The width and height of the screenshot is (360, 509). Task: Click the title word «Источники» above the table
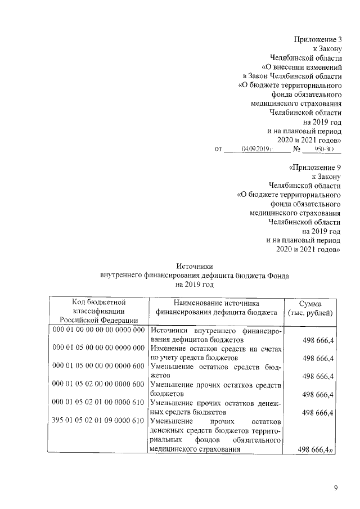(193, 266)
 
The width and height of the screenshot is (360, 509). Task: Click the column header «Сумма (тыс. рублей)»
(310, 307)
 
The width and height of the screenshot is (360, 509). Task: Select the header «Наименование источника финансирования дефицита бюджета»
(217, 307)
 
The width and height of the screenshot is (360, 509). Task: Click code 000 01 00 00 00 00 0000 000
(98, 330)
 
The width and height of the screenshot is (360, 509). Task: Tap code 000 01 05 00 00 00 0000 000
(98, 348)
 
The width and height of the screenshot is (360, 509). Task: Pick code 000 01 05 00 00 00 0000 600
(98, 366)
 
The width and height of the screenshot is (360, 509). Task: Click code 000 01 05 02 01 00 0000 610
(98, 403)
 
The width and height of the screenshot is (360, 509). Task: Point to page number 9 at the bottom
(336, 488)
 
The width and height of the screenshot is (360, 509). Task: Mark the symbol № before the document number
(296, 149)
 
